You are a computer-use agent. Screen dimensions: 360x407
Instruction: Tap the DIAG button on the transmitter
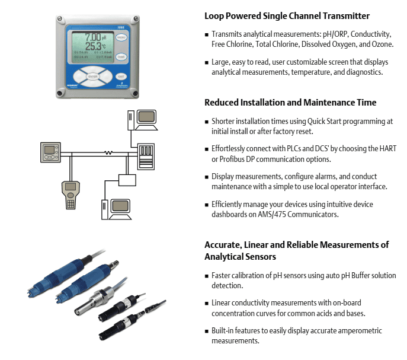(x=121, y=58)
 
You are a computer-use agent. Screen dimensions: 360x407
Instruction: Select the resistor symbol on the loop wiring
(x=109, y=153)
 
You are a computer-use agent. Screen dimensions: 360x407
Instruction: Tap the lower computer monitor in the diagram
(x=121, y=207)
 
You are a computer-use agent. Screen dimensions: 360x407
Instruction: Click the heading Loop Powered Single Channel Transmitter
(x=287, y=16)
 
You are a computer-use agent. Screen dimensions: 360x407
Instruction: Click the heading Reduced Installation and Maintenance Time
(x=290, y=103)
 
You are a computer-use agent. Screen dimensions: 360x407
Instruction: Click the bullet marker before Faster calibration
(x=207, y=276)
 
